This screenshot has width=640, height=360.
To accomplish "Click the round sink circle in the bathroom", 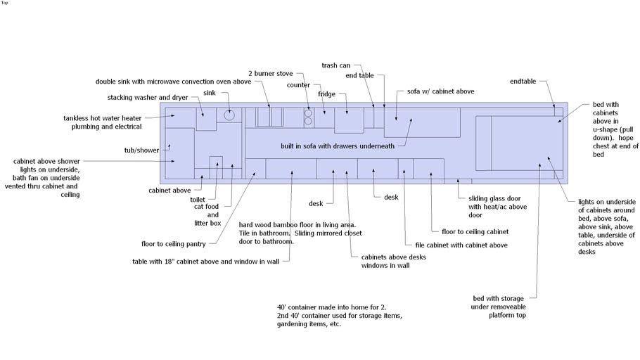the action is point(229,115).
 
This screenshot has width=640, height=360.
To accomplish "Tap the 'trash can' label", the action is point(335,65).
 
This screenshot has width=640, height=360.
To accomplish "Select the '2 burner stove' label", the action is point(271,73).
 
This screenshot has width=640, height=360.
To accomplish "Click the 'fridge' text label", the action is point(326,94).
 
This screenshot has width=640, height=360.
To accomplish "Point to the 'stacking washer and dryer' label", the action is point(148,98).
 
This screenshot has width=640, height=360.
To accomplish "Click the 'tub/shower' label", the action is point(141,150).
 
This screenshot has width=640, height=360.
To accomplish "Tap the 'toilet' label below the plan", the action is point(198,200).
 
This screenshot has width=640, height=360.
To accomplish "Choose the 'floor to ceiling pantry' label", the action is point(174,244).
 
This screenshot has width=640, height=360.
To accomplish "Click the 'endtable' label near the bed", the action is point(523,82).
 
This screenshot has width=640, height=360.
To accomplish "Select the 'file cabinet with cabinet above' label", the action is point(461,245).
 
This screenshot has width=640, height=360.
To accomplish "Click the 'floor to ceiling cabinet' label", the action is point(475,232).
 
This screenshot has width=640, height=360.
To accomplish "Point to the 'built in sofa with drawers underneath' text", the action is point(338,146).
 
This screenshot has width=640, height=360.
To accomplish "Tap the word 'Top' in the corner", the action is point(4,3).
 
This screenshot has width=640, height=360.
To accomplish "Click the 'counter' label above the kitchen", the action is point(298,85).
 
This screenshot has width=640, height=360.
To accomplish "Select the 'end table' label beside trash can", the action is point(359,75).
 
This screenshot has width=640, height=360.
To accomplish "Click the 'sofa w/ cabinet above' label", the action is point(440,91).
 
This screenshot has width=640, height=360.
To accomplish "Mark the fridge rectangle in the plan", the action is point(349,120).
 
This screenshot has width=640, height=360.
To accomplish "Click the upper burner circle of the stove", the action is point(308,113).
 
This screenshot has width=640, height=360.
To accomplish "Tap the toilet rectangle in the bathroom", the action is point(216,167).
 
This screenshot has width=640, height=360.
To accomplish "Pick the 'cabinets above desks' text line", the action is point(393,257).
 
